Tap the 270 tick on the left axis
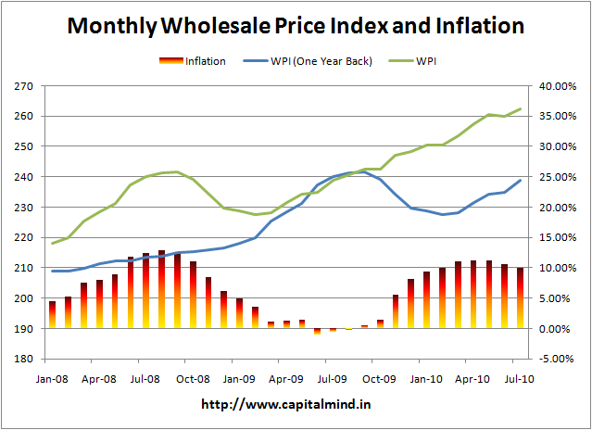[24, 86]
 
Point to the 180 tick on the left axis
[24, 359]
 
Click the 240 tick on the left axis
[24, 177]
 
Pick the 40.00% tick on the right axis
[557, 86]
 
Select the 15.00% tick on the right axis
[557, 237]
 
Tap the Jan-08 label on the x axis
[52, 378]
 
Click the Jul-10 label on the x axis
[520, 378]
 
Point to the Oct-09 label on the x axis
[379, 378]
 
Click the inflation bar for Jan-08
[52, 315]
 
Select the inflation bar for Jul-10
[521, 297]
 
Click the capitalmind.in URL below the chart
[296, 405]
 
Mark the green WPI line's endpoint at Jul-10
[521, 108]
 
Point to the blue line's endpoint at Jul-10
[521, 180]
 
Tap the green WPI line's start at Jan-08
[52, 244]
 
